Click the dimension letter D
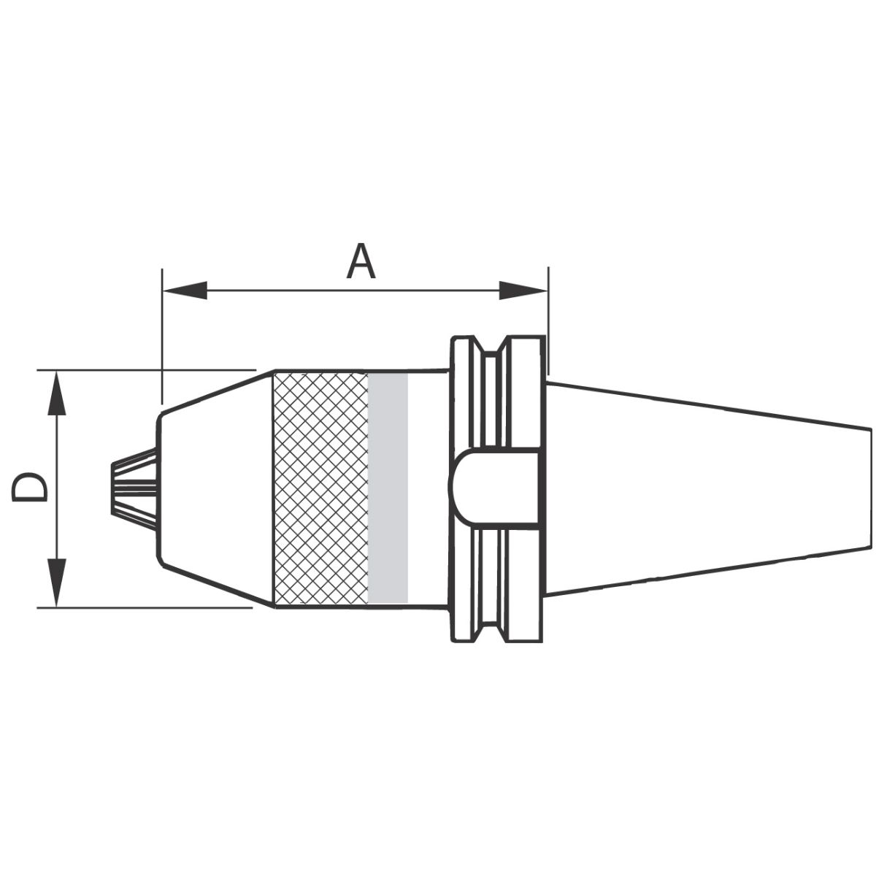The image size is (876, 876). pos(29,488)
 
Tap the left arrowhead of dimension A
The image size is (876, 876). pos(185,290)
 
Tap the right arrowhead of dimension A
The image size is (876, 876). pos(523,290)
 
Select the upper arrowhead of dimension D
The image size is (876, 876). pos(56,393)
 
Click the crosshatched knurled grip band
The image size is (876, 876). pos(321,488)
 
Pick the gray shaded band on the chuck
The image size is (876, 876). pos(388,488)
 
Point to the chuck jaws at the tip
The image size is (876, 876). pos(135,488)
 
